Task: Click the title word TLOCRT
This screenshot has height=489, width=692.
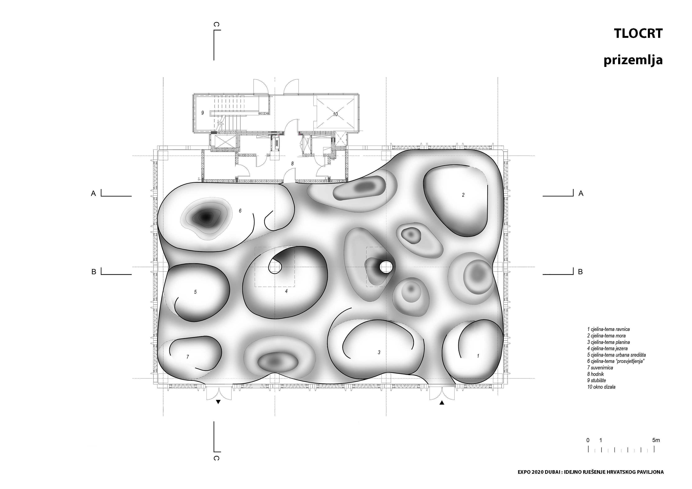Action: point(639,34)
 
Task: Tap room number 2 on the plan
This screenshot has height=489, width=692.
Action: point(463,195)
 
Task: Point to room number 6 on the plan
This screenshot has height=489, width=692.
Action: point(240,211)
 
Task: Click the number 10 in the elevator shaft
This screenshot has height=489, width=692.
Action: point(335,114)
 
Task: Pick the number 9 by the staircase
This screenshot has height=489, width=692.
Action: point(203,113)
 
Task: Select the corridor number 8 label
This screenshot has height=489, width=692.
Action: point(292,163)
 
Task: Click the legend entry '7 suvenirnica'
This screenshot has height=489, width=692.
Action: point(600,368)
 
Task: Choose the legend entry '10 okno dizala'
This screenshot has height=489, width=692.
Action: point(601,387)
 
